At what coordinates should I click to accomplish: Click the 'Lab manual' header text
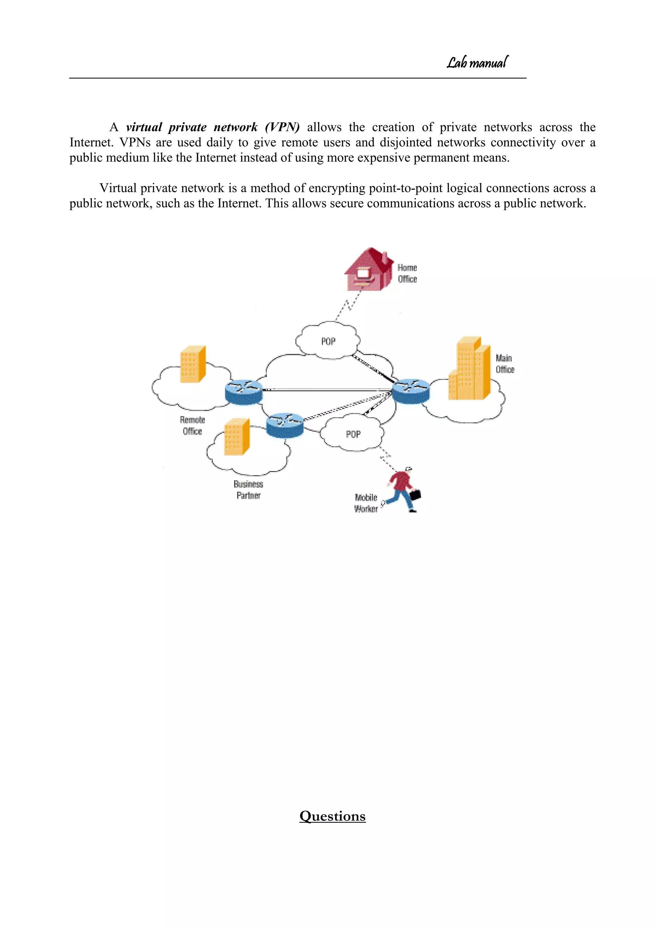477,63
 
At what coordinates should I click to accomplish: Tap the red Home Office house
368,270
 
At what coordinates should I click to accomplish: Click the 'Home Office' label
407,273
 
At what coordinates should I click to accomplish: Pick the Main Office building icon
469,369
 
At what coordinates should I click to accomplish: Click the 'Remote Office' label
192,426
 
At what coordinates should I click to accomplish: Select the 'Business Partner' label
248,490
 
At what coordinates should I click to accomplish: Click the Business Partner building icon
237,437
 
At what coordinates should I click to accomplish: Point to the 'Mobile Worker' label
366,503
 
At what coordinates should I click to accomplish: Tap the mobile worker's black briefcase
415,495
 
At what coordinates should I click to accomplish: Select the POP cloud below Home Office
328,341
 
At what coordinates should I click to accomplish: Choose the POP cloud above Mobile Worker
353,434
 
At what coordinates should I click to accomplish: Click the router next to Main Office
411,391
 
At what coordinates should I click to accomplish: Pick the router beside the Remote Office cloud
243,392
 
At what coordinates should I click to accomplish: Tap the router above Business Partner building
285,425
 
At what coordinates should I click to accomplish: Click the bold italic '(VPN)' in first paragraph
282,127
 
